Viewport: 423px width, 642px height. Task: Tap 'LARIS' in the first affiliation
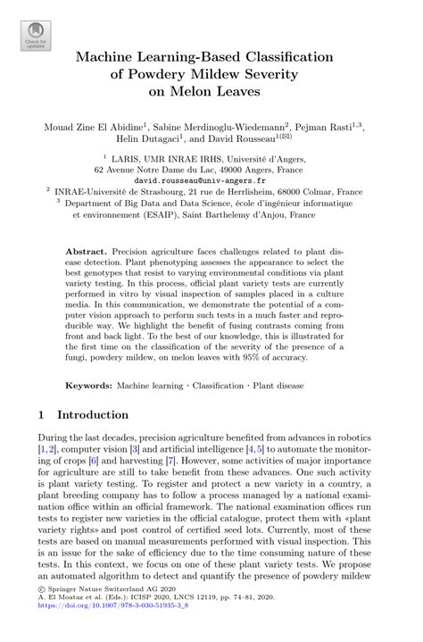[x=142, y=155]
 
